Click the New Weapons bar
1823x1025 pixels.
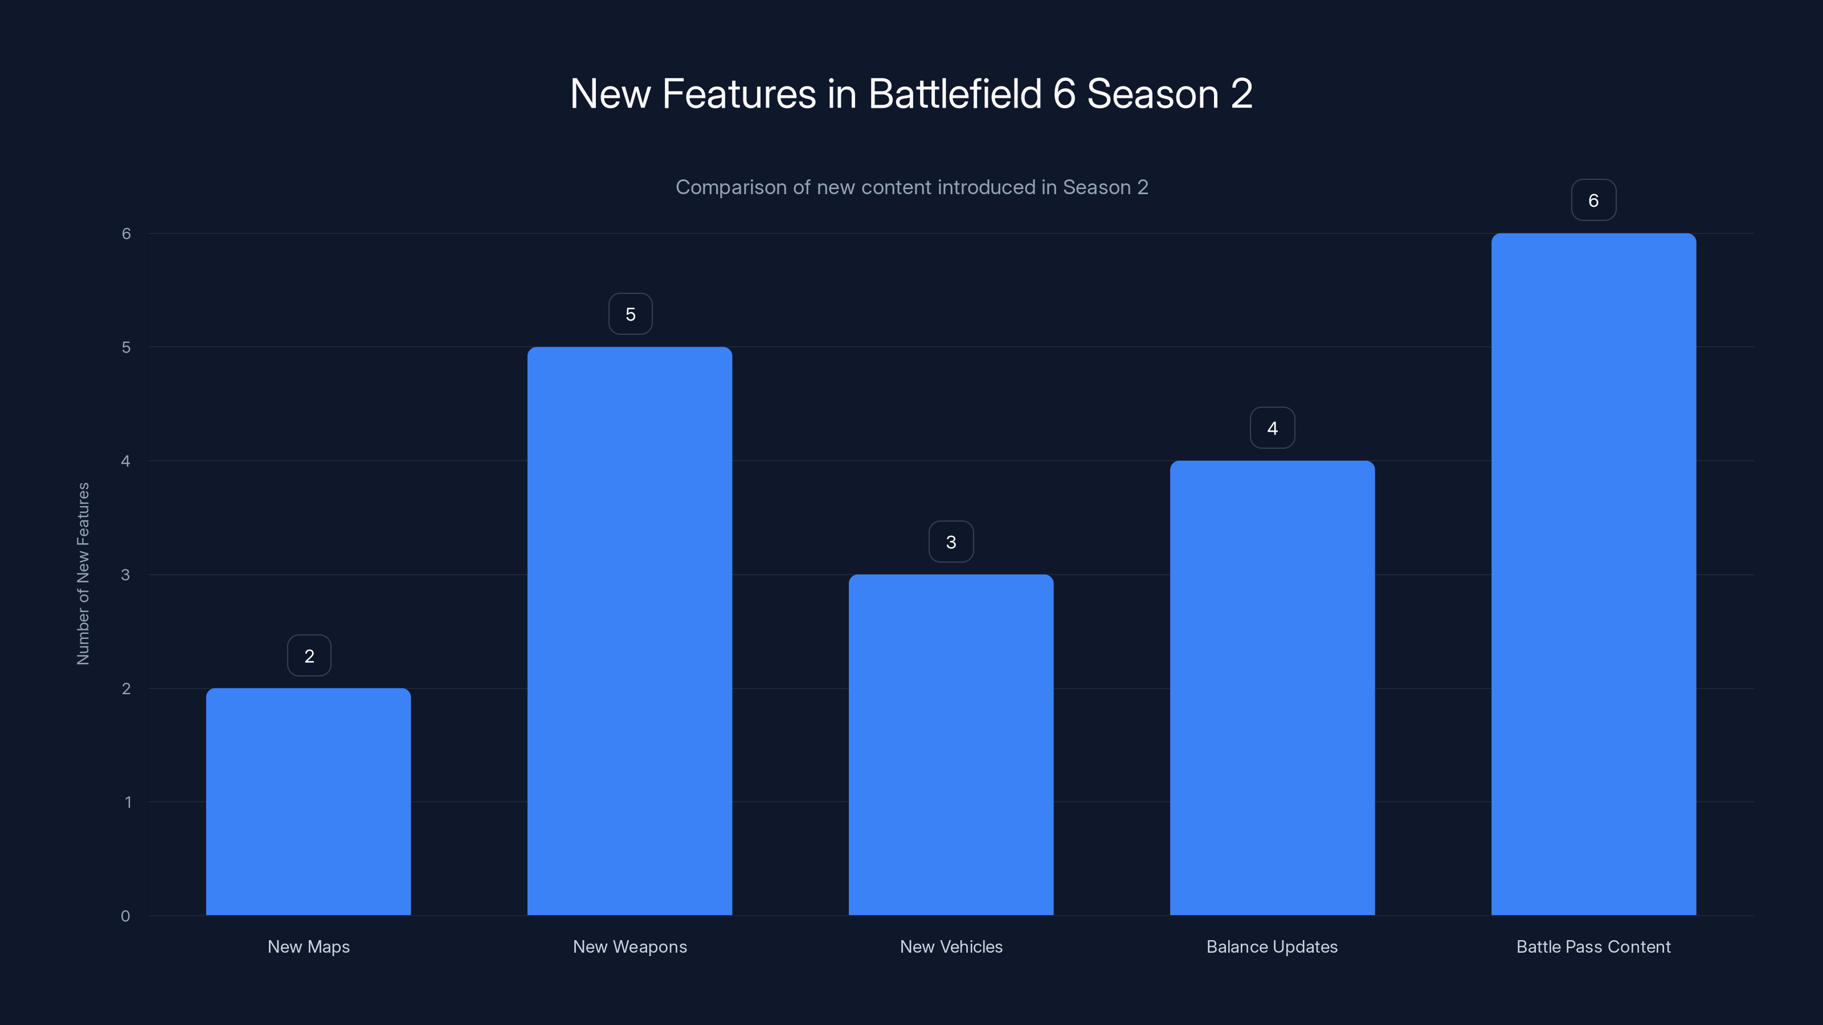coord(630,631)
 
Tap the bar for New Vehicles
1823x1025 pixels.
coord(951,745)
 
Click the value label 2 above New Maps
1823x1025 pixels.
coord(309,656)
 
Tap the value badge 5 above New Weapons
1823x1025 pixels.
coord(631,314)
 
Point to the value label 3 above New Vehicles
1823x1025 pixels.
coord(951,542)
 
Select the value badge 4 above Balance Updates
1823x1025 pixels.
coord(1273,428)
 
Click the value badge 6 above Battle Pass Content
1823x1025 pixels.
coord(1594,200)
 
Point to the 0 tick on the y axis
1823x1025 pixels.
coord(125,916)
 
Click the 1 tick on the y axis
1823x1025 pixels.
coord(128,802)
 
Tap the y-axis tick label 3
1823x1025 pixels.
coord(125,575)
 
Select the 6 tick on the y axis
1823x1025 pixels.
coord(126,233)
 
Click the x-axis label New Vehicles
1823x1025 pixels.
coord(951,946)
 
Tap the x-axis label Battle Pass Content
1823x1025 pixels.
coord(1594,946)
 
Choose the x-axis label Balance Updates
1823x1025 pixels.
coord(1273,946)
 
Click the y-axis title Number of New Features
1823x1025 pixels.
coord(83,573)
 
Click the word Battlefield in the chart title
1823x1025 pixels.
coord(955,93)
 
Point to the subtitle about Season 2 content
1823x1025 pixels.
coord(911,187)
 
